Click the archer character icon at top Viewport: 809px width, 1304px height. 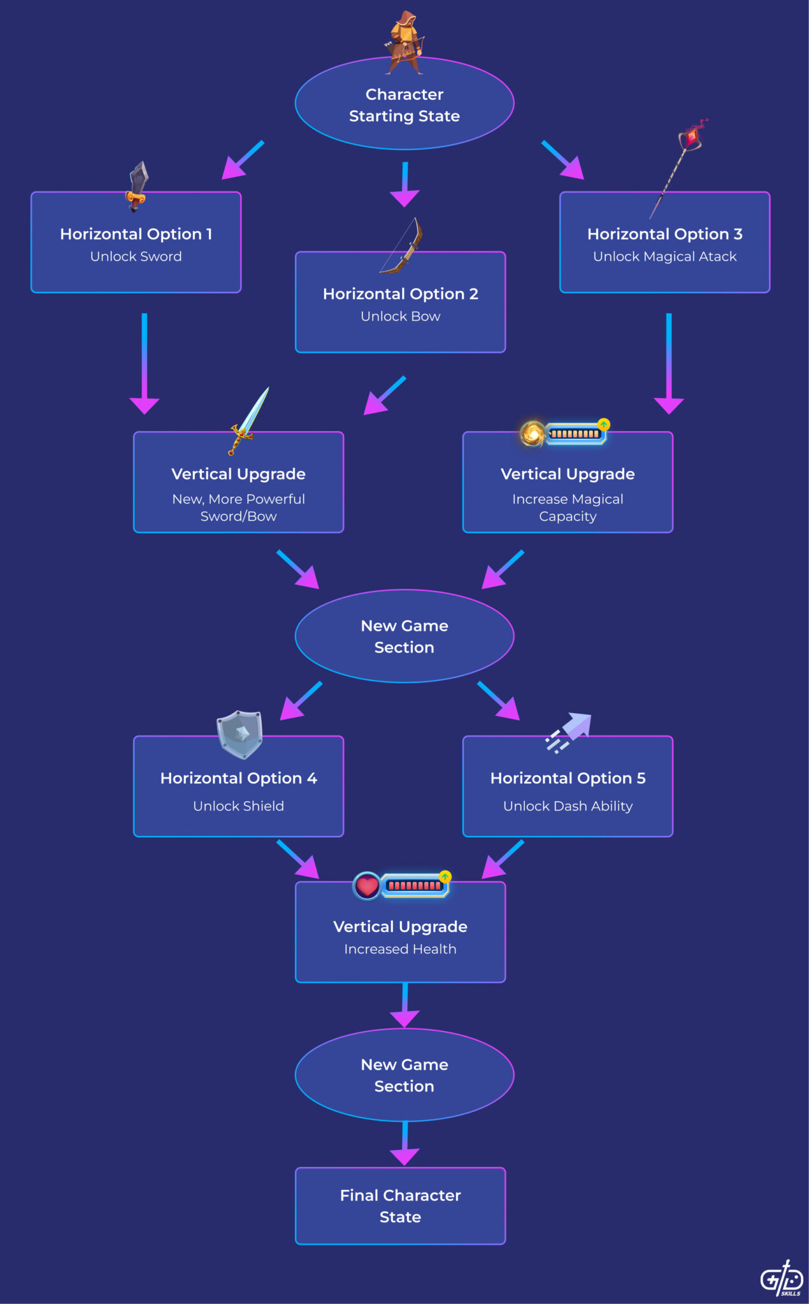coord(404,41)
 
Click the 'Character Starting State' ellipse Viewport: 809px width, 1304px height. coord(404,105)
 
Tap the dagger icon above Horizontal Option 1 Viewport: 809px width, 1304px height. coord(137,186)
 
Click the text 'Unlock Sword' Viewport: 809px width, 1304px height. coord(136,257)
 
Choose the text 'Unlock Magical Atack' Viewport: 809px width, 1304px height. coord(664,257)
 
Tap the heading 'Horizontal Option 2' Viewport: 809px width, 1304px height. coord(400,294)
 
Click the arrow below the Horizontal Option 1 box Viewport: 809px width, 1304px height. coord(145,363)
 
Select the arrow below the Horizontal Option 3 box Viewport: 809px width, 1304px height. coord(668,363)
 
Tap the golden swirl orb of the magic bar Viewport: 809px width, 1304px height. coord(533,434)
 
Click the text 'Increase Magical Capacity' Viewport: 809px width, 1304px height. coord(568,507)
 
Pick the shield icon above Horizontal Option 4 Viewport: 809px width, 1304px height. coord(240,734)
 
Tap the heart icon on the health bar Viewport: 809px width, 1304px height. coord(367,886)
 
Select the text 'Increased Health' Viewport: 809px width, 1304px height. coord(400,949)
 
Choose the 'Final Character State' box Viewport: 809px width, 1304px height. coord(400,1205)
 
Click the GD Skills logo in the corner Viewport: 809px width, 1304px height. coord(782,1278)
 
